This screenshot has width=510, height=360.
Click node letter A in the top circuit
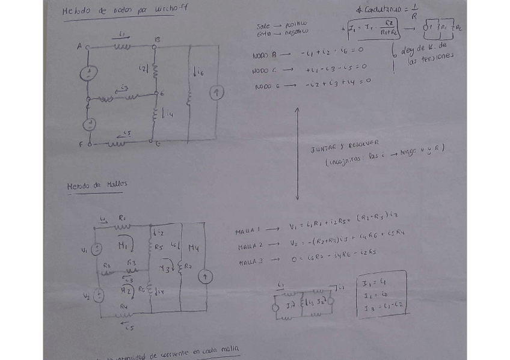click(79, 46)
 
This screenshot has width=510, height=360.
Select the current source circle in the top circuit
click(217, 93)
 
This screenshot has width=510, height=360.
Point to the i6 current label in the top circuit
click(199, 73)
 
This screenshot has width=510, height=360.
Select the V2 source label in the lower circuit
click(86, 296)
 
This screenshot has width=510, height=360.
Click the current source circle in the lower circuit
click(206, 276)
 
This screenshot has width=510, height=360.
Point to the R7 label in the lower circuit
click(188, 265)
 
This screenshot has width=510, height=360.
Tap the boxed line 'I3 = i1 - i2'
click(382, 307)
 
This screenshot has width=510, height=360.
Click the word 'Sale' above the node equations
click(263, 26)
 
